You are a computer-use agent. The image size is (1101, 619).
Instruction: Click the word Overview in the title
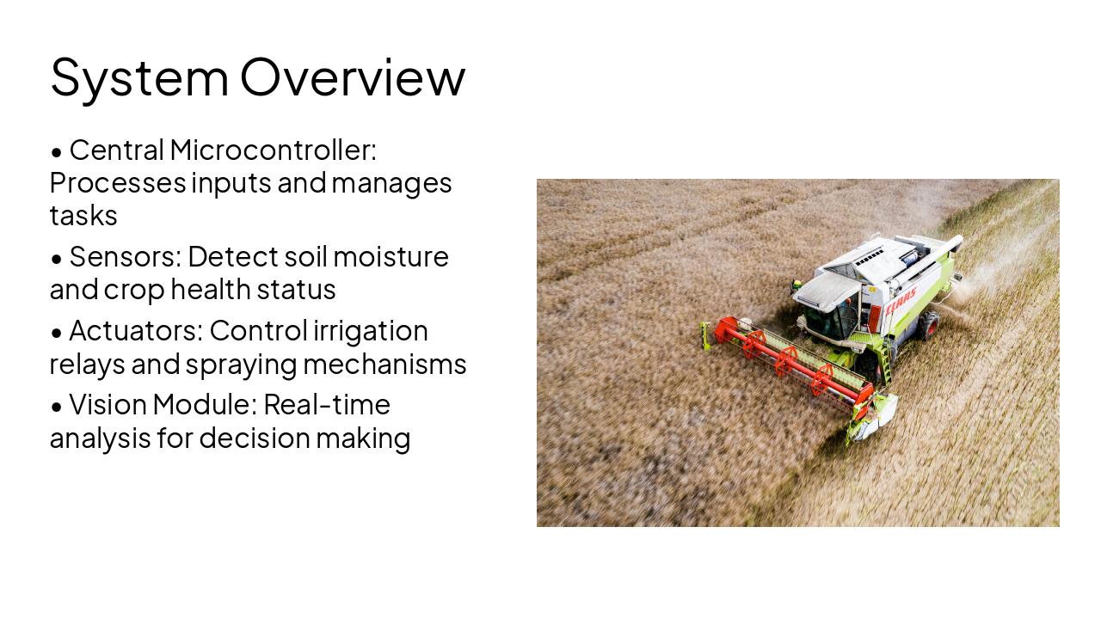353,77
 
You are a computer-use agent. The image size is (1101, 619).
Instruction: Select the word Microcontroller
273,150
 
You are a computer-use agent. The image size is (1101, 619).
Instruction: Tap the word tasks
83,216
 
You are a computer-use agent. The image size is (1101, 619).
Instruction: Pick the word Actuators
133,331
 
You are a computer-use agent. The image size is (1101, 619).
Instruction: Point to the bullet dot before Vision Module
57,407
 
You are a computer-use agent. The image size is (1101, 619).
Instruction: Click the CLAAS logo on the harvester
901,299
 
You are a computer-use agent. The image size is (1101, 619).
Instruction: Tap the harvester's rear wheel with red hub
928,324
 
